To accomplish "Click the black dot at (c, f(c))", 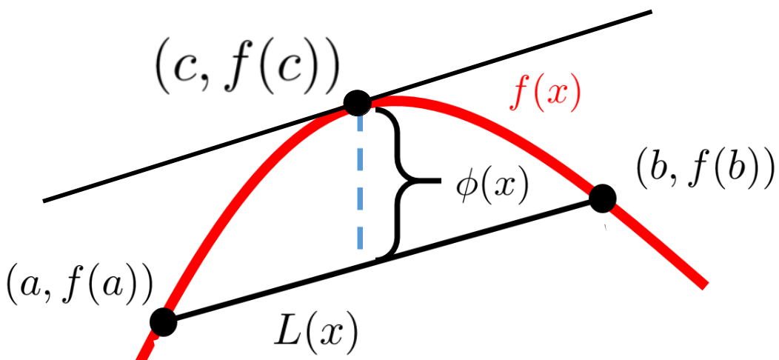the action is click(x=357, y=103).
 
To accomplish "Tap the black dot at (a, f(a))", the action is click(x=164, y=321).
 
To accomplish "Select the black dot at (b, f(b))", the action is click(x=603, y=199).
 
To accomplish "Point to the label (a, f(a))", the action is click(x=79, y=288).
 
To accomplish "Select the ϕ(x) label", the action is click(x=491, y=189).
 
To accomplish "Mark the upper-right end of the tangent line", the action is click(x=651, y=11).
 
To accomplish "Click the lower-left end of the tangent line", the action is click(x=44, y=201).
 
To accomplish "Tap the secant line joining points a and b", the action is click(x=383, y=260).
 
